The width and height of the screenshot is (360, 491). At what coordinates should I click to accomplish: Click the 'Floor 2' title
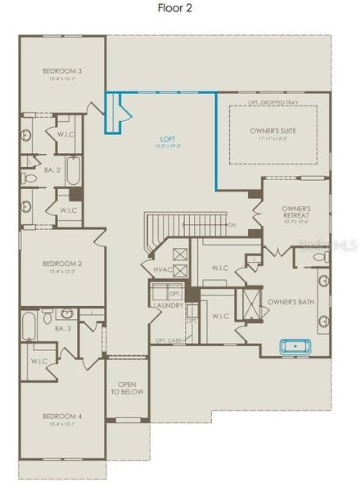(179, 9)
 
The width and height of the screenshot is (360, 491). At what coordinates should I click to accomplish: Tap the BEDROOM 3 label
(62, 71)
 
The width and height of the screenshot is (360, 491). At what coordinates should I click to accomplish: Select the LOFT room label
(169, 139)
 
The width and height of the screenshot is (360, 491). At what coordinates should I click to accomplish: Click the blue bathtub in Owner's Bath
(298, 346)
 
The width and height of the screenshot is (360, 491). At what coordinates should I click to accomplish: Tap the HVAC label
(162, 269)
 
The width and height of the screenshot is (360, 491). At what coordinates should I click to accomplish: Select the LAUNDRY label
(167, 306)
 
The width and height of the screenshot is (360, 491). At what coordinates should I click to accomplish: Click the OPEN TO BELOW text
(127, 388)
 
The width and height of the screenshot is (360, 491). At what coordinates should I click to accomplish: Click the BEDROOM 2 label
(62, 264)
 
